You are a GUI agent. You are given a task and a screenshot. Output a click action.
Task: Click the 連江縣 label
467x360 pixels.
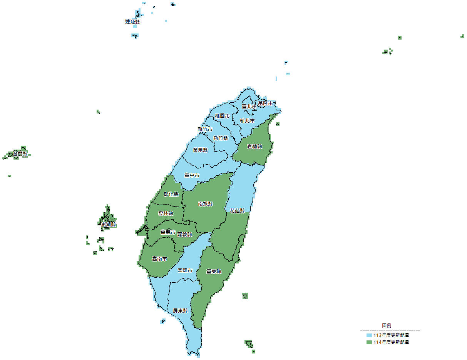(132, 22)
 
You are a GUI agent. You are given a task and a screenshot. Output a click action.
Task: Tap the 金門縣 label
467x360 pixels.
(20, 154)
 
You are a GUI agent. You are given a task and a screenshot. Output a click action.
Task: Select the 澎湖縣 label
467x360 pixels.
(108, 224)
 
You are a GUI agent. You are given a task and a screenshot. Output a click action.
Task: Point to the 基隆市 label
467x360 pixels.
(265, 103)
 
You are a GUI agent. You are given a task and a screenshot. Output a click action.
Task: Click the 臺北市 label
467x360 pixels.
(249, 106)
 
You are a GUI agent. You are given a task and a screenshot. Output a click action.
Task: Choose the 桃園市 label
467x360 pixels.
(222, 116)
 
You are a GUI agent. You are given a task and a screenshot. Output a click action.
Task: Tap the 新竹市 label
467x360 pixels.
(205, 129)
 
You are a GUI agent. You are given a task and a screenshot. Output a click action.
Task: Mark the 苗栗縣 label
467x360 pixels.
(200, 150)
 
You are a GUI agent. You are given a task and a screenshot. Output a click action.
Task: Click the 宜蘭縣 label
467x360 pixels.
(254, 147)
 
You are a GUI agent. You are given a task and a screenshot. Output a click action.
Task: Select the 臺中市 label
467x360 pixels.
(192, 175)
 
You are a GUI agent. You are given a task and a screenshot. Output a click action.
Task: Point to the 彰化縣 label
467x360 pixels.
(171, 194)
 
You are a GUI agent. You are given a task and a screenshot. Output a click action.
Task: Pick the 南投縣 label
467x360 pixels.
(206, 204)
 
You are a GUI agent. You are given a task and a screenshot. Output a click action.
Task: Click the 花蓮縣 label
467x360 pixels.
(237, 211)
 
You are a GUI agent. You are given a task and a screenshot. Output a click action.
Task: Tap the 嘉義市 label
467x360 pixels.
(168, 232)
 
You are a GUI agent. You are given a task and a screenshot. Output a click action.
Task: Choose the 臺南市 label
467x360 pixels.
(159, 259)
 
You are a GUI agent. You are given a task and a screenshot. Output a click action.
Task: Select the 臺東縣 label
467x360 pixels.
(214, 272)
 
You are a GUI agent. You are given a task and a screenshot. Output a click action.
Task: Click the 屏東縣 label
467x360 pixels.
(180, 310)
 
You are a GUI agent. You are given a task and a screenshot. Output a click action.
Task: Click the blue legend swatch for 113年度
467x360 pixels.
(369, 335)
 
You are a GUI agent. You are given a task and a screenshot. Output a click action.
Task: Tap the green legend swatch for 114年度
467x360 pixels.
(369, 342)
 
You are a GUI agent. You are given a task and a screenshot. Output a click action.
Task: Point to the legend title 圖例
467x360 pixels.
(387, 325)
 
